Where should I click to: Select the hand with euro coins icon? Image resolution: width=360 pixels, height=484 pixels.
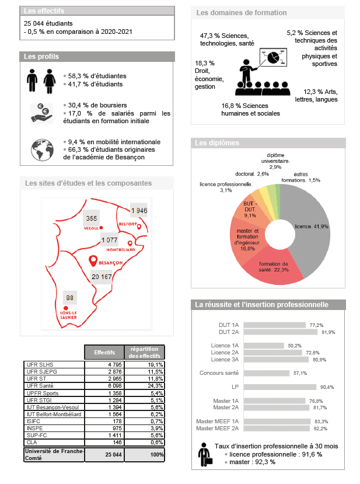click(41, 113)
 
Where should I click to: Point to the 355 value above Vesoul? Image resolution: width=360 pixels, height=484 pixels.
click(91, 218)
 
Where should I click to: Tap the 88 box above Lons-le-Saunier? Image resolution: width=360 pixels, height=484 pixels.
click(71, 298)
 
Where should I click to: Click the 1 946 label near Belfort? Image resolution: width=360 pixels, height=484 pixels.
click(139, 210)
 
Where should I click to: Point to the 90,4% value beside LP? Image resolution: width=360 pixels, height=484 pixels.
click(326, 387)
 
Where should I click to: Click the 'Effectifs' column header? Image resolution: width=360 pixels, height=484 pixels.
click(104, 353)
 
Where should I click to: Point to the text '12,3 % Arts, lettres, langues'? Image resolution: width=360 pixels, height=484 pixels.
click(320, 95)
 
